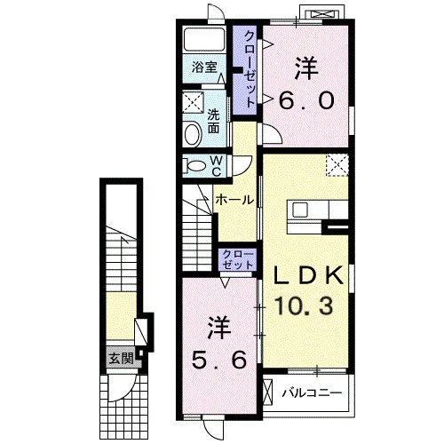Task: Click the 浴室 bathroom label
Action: click(x=204, y=67)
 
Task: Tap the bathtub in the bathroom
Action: click(x=204, y=40)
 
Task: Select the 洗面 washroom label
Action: click(x=213, y=121)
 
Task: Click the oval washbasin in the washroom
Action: click(x=193, y=135)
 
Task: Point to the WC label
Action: click(x=217, y=166)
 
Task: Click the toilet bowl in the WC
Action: click(x=196, y=166)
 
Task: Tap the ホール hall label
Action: click(x=234, y=200)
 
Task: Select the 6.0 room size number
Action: click(x=306, y=100)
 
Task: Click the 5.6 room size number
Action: click(x=218, y=360)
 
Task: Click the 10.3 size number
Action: click(x=304, y=305)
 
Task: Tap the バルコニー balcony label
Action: click(x=312, y=393)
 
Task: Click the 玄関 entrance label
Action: click(x=122, y=359)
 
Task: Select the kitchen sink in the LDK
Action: click(x=300, y=210)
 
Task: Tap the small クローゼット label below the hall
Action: click(x=238, y=259)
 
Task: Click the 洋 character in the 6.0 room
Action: click(x=306, y=68)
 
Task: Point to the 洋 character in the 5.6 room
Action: click(x=219, y=328)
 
